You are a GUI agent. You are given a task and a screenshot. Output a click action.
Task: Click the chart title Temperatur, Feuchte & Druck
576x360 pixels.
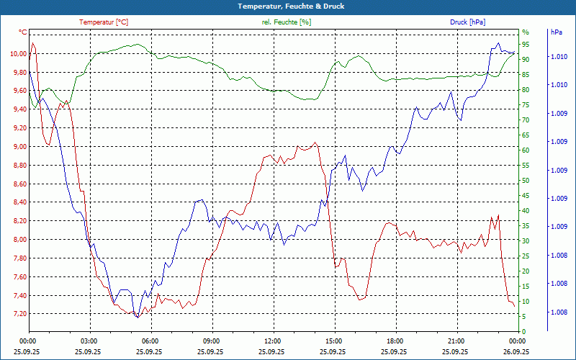coord(288,6)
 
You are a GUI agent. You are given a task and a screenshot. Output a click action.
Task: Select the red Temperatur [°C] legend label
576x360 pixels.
coord(104,22)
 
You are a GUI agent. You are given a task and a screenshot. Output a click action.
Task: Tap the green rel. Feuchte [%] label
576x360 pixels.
coord(287,22)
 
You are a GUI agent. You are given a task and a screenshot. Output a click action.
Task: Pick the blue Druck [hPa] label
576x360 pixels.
coord(468,22)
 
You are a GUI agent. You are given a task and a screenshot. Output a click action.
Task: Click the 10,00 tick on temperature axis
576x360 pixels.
coord(18,53)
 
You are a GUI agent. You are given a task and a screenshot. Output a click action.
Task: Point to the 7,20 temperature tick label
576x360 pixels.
coord(18,314)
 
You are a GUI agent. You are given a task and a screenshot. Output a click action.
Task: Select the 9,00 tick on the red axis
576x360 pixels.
coord(18,146)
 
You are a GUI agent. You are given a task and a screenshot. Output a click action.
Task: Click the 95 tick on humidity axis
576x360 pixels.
coord(526,44)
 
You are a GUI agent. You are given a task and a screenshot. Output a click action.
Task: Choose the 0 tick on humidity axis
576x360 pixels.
coord(524,331)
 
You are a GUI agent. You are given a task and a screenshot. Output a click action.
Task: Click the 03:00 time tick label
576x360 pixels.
coord(89,340)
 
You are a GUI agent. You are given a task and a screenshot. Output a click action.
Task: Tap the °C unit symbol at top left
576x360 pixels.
coord(23,32)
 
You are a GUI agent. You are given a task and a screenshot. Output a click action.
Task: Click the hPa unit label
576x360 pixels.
coord(556,32)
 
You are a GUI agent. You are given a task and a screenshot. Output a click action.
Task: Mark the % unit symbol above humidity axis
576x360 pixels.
coord(526,32)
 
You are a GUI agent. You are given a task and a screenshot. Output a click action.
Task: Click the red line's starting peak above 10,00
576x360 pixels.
coord(32,43)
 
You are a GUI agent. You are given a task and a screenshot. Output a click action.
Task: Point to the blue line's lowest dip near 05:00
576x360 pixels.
coord(137,317)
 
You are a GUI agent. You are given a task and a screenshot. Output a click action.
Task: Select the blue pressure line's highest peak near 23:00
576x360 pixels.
coord(498,43)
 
